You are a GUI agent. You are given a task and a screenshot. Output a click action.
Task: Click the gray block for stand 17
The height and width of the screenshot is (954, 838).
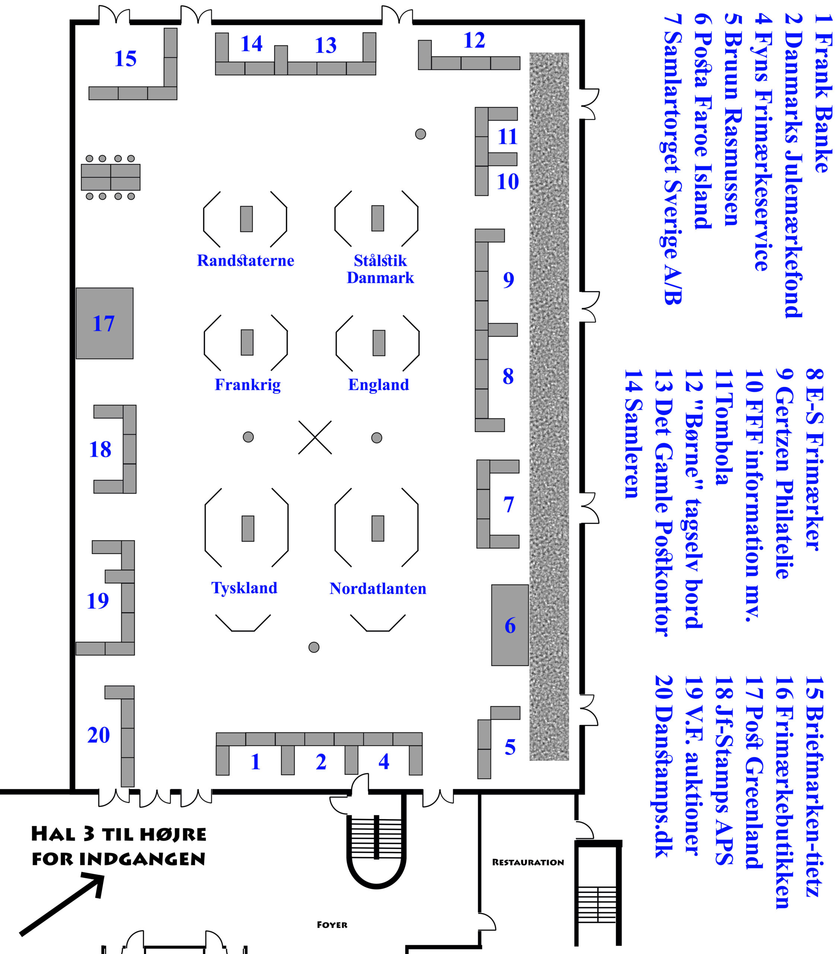(x=105, y=323)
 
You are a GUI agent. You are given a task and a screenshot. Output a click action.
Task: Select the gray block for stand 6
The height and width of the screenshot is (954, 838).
(x=510, y=625)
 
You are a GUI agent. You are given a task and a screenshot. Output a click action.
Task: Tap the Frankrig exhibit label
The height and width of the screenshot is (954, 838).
(x=247, y=385)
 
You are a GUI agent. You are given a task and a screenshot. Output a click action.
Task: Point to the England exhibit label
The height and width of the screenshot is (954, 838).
(x=378, y=385)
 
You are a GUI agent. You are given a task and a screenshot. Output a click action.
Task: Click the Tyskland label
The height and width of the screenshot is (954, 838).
(x=244, y=588)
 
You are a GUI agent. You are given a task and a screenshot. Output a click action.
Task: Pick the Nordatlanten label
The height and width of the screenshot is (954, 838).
(x=378, y=588)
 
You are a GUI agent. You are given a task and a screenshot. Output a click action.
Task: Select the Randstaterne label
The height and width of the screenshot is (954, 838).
(x=245, y=260)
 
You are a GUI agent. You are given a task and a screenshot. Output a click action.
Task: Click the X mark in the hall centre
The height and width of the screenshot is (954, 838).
(x=315, y=437)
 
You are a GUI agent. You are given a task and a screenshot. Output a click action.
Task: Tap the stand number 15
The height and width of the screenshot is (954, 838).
(x=126, y=59)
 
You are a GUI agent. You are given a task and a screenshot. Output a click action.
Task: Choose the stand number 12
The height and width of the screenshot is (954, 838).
(x=474, y=41)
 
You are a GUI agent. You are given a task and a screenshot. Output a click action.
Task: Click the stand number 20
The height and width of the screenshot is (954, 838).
(x=98, y=735)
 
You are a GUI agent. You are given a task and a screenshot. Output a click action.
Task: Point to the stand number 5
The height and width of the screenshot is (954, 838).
(x=510, y=747)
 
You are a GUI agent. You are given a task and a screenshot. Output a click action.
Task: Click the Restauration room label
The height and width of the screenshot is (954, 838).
(x=528, y=862)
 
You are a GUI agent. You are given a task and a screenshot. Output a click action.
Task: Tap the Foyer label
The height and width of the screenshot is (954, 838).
(x=332, y=925)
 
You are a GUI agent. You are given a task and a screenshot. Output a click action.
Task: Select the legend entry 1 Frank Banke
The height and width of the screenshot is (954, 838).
(x=823, y=93)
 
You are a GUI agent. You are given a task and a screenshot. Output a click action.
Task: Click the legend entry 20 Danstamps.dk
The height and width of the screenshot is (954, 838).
(x=663, y=766)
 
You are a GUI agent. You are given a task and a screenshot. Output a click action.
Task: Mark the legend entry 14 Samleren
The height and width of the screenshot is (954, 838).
(x=633, y=434)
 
